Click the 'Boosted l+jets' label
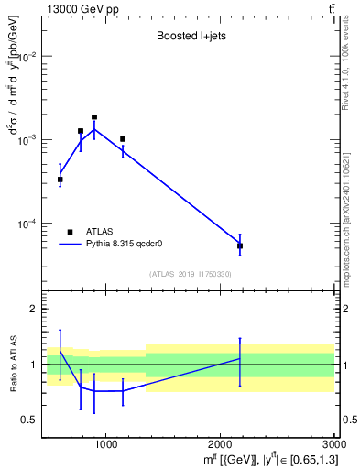[x=190, y=38]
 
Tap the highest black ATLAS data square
[x=94, y=117]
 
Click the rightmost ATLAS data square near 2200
[x=240, y=245]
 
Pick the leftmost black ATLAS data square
[x=60, y=180]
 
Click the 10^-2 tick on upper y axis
[x=27, y=57]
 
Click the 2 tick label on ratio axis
[x=32, y=310]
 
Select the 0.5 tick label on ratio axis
[x=29, y=420]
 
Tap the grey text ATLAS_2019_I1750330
[x=190, y=274]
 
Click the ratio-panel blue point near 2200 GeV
[x=240, y=358]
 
